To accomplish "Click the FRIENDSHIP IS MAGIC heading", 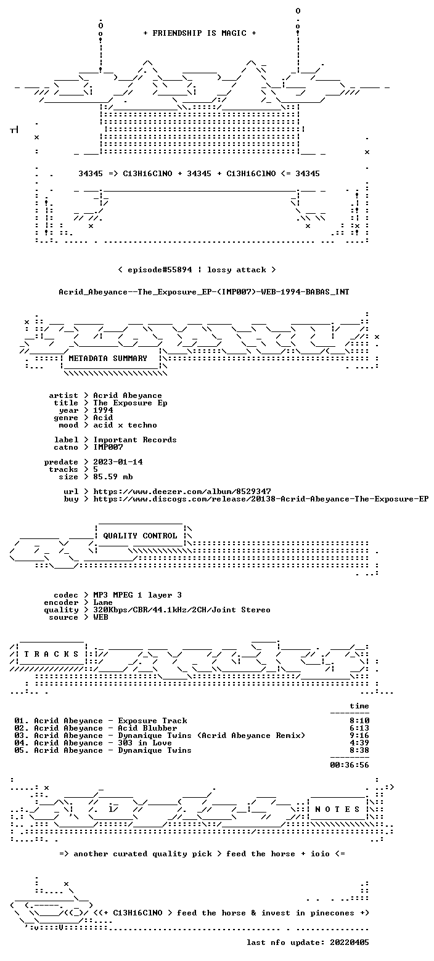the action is pos(200,33).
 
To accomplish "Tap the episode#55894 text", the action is pos(160,270).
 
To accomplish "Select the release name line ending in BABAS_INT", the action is pos(204,292).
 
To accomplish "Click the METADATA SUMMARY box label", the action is pos(108,359).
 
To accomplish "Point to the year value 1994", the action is pos(103,410).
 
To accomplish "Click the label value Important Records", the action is pos(135,440).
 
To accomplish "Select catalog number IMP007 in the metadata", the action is pos(108,447).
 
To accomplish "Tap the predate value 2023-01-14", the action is pos(118,462).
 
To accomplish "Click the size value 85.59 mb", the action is pos(113,477).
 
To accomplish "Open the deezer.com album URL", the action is pos(182,492).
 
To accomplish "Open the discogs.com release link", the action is pos(261,499).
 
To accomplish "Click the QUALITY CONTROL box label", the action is pos(140,536).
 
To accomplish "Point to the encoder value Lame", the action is pos(103,602).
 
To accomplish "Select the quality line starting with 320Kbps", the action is pos(182,610).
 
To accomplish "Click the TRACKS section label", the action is pos(52,654).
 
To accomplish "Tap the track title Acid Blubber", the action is pos(148,728).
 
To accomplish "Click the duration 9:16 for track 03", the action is pos(359,736).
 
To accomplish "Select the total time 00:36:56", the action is pos(350,765).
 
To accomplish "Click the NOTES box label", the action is pos(337,809).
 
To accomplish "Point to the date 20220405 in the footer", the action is pos(350,943).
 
